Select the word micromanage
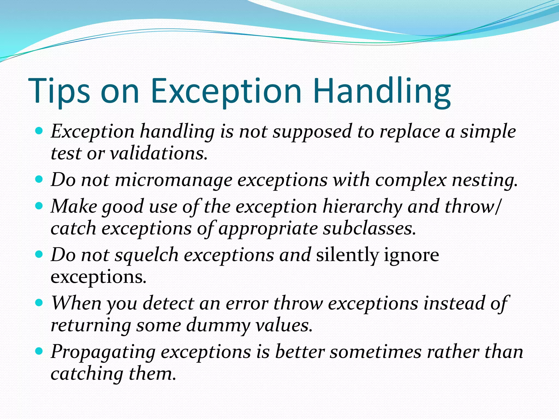(x=174, y=180)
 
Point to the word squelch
(x=147, y=255)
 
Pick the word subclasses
(x=369, y=229)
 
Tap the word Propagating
(x=103, y=352)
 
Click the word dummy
(x=218, y=325)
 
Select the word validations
(x=159, y=153)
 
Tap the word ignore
(x=412, y=255)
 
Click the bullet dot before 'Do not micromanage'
(x=39, y=179)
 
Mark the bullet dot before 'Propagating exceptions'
(x=39, y=351)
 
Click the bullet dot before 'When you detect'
(x=39, y=303)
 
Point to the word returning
(x=91, y=325)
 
